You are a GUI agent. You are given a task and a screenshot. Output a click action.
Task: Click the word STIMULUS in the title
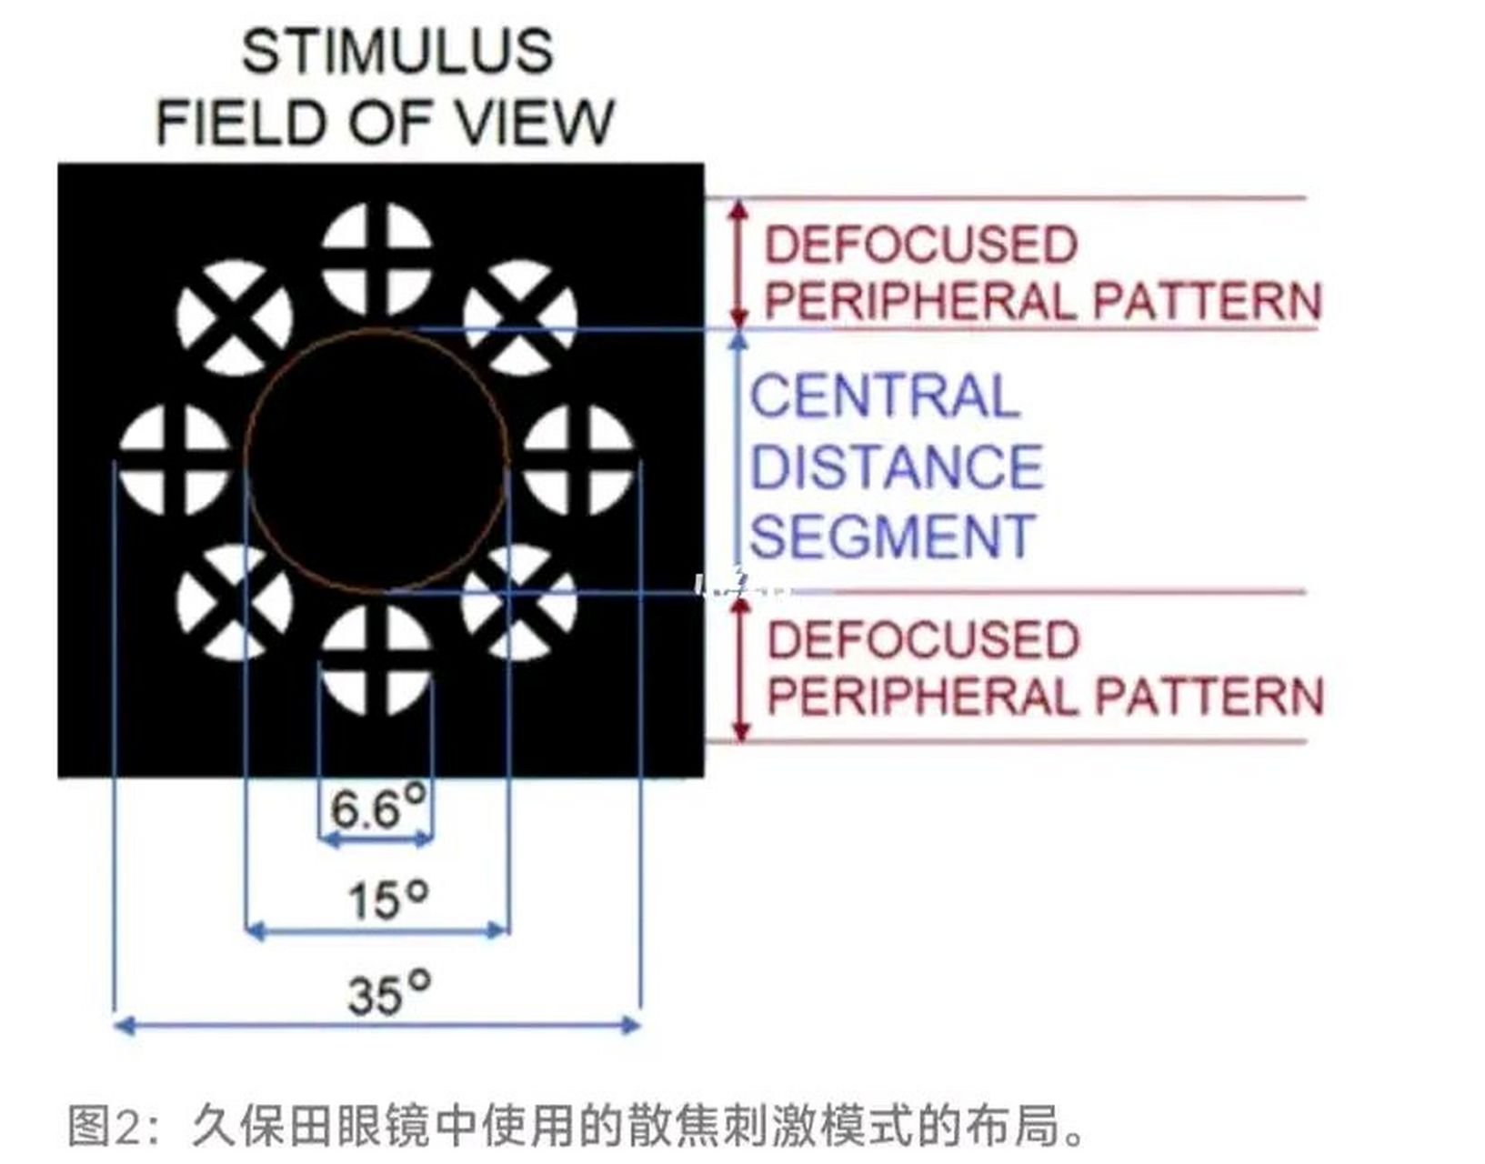(397, 51)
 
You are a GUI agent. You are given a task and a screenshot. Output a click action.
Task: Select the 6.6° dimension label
(376, 808)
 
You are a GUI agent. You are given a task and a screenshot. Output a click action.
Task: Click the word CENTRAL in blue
(884, 396)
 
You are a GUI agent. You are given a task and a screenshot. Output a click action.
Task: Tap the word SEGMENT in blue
(892, 537)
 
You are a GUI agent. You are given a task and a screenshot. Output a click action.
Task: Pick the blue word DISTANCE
(896, 467)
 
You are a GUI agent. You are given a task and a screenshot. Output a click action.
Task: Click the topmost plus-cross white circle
(376, 259)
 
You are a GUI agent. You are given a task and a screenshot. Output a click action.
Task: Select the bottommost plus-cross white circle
(376, 659)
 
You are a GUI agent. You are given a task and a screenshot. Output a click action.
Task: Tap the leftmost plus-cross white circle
(175, 459)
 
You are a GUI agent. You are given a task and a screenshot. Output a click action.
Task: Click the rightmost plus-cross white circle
(578, 459)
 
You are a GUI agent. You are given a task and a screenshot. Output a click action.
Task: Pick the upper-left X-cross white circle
(235, 318)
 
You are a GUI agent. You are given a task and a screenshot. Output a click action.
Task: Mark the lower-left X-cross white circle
(235, 602)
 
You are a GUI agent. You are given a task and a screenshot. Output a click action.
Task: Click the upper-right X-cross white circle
(520, 318)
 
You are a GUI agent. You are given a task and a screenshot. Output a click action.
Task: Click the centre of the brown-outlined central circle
(376, 459)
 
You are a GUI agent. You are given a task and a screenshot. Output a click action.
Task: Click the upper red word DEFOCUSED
(920, 245)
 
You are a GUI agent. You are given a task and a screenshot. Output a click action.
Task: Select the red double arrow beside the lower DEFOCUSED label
(741, 668)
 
